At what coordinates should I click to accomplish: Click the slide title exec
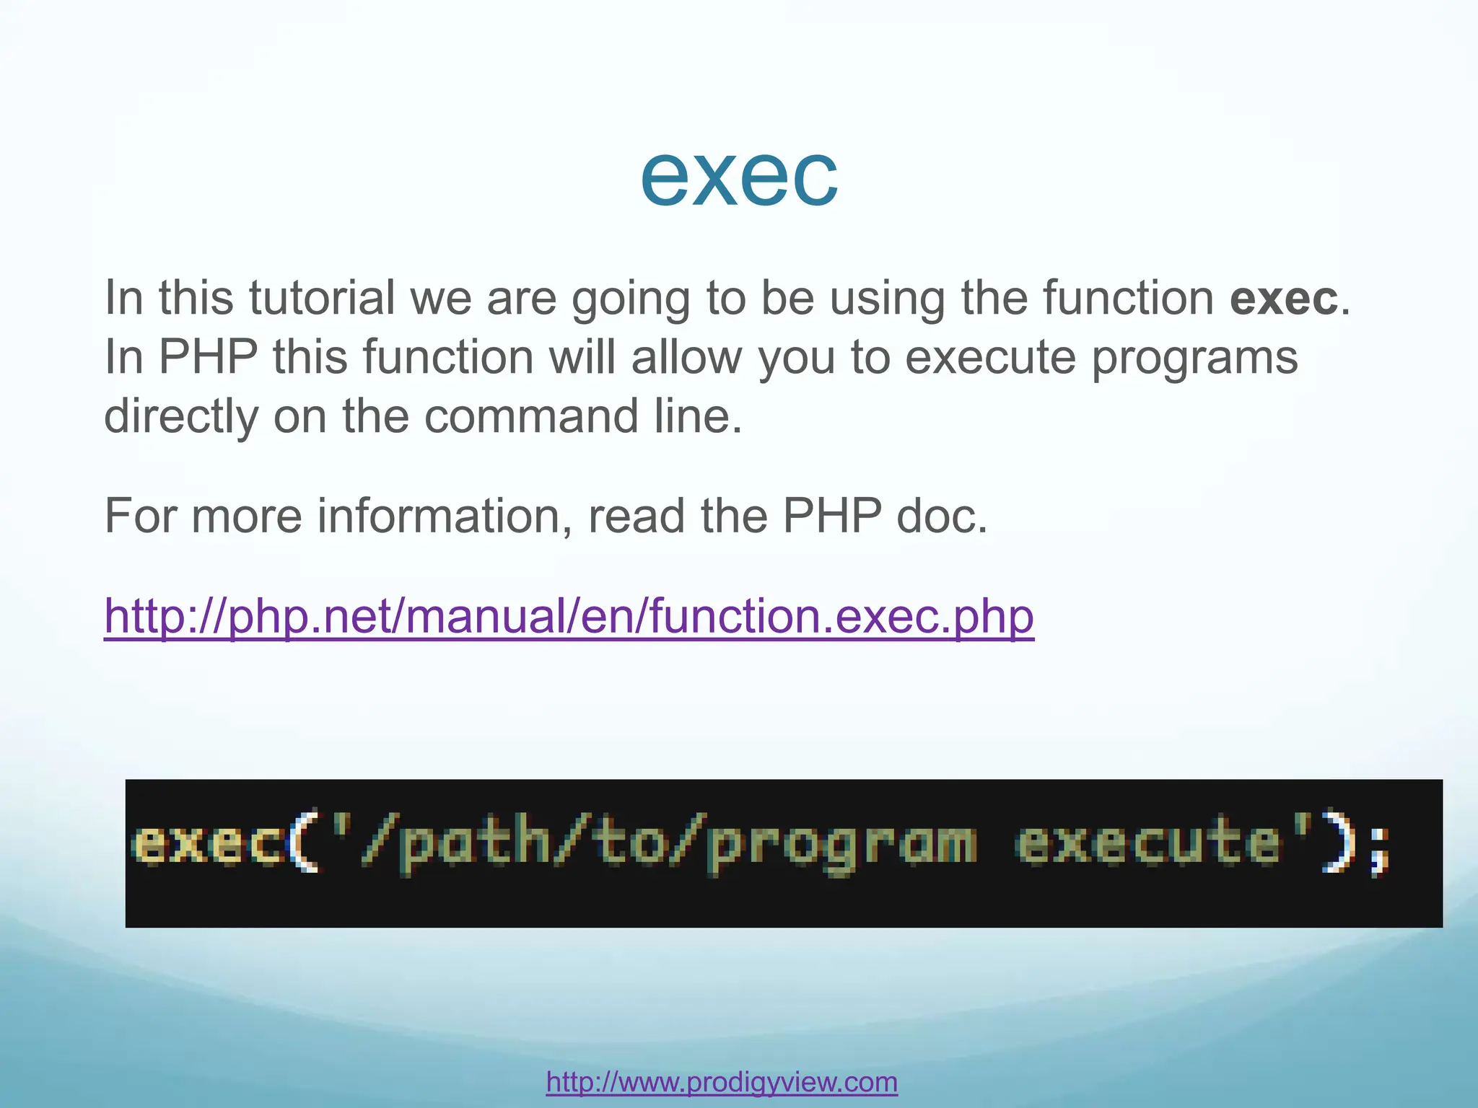(739, 177)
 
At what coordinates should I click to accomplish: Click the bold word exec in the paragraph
(1283, 298)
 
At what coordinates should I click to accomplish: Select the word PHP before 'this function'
(208, 357)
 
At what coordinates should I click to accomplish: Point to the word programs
(1194, 359)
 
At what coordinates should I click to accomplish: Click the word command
(531, 417)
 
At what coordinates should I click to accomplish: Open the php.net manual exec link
(569, 617)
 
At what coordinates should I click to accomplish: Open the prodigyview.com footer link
(722, 1082)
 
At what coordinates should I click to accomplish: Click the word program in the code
(841, 845)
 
